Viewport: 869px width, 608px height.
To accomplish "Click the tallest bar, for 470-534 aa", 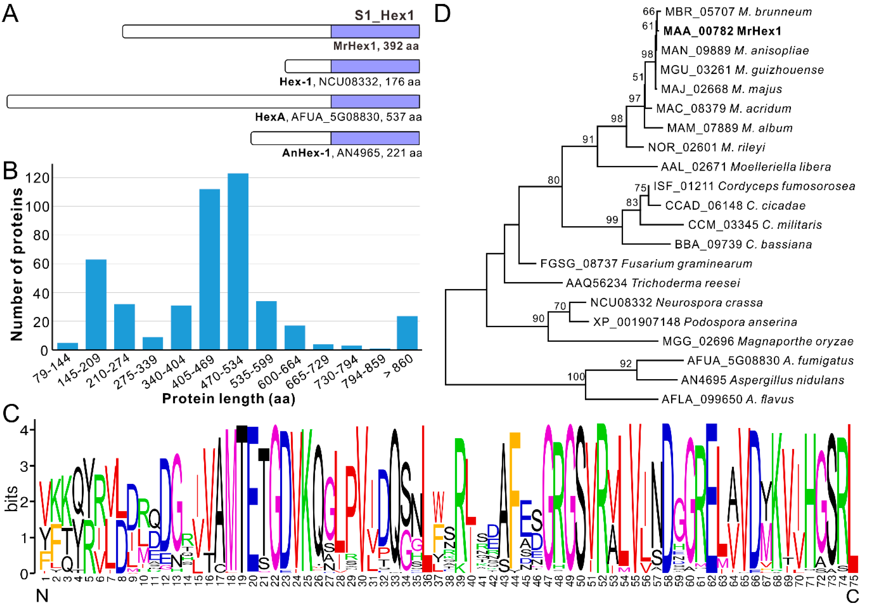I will coord(238,261).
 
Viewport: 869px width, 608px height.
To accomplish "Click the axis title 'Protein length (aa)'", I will coord(229,399).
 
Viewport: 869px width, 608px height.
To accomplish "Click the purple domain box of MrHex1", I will coord(375,31).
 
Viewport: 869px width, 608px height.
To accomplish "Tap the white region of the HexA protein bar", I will coord(169,101).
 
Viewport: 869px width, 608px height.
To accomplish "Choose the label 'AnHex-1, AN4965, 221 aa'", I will coord(352,153).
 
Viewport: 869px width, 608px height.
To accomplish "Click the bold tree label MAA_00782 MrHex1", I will coord(722,31).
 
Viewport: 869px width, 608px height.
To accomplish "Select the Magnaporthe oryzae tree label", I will coord(758,341).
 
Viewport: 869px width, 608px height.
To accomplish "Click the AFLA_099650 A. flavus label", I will coord(727,399).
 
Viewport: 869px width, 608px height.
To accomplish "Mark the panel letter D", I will coord(442,14).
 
